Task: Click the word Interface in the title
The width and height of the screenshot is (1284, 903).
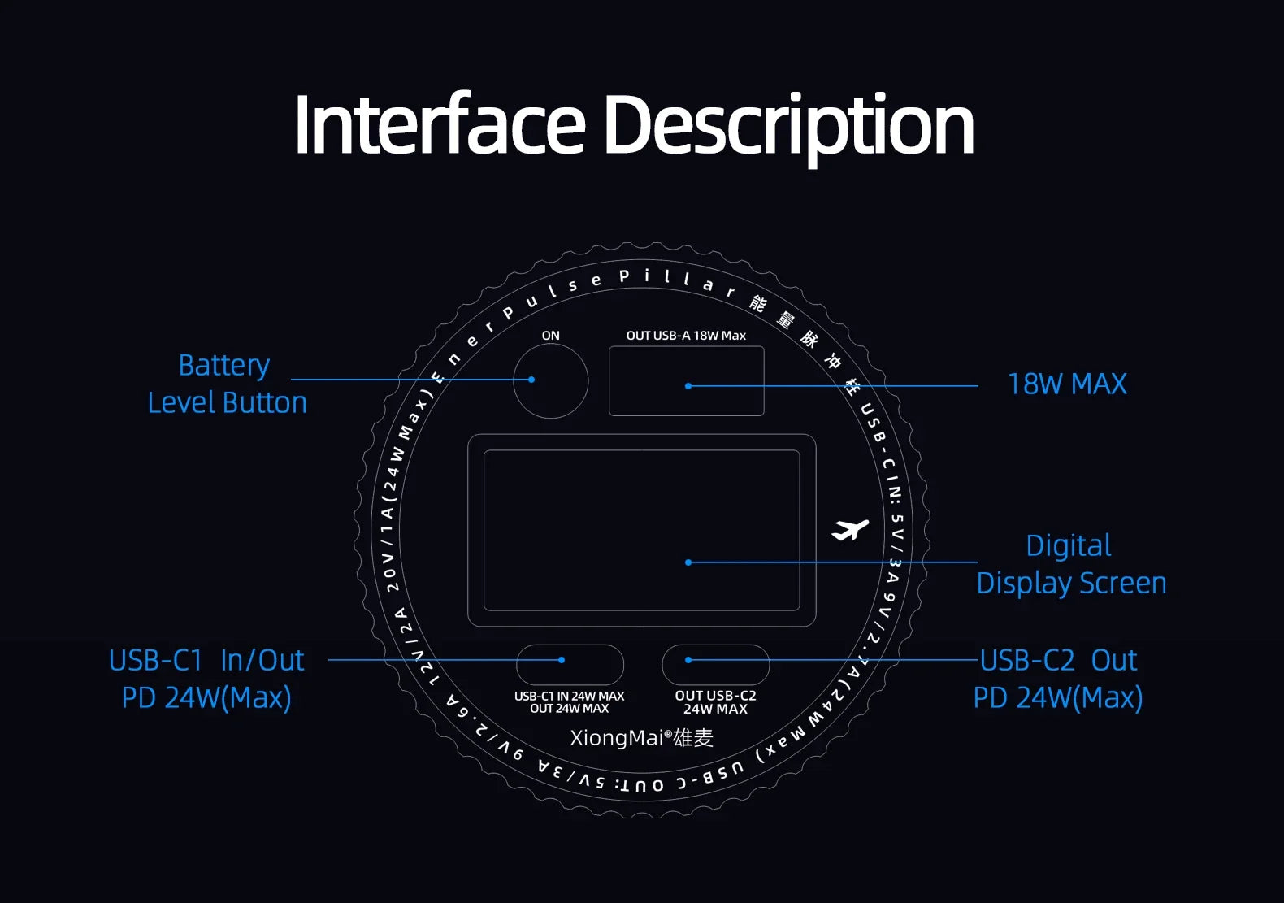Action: [440, 124]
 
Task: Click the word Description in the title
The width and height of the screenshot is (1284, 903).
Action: [789, 129]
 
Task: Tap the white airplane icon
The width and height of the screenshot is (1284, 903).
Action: [850, 530]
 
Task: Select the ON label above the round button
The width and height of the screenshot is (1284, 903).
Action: [550, 336]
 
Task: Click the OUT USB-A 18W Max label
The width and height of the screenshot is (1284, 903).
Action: [686, 336]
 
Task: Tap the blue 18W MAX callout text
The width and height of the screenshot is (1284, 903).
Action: [1067, 384]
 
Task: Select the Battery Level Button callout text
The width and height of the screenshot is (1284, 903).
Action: [227, 384]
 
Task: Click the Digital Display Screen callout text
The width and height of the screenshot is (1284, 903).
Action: [1071, 564]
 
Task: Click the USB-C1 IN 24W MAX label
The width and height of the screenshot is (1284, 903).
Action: [569, 702]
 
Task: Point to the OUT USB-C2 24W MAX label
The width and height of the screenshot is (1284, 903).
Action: [715, 702]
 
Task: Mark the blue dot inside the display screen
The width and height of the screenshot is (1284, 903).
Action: [688, 562]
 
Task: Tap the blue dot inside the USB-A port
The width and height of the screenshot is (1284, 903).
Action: [688, 386]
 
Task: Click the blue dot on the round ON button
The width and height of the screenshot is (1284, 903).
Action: [531, 380]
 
